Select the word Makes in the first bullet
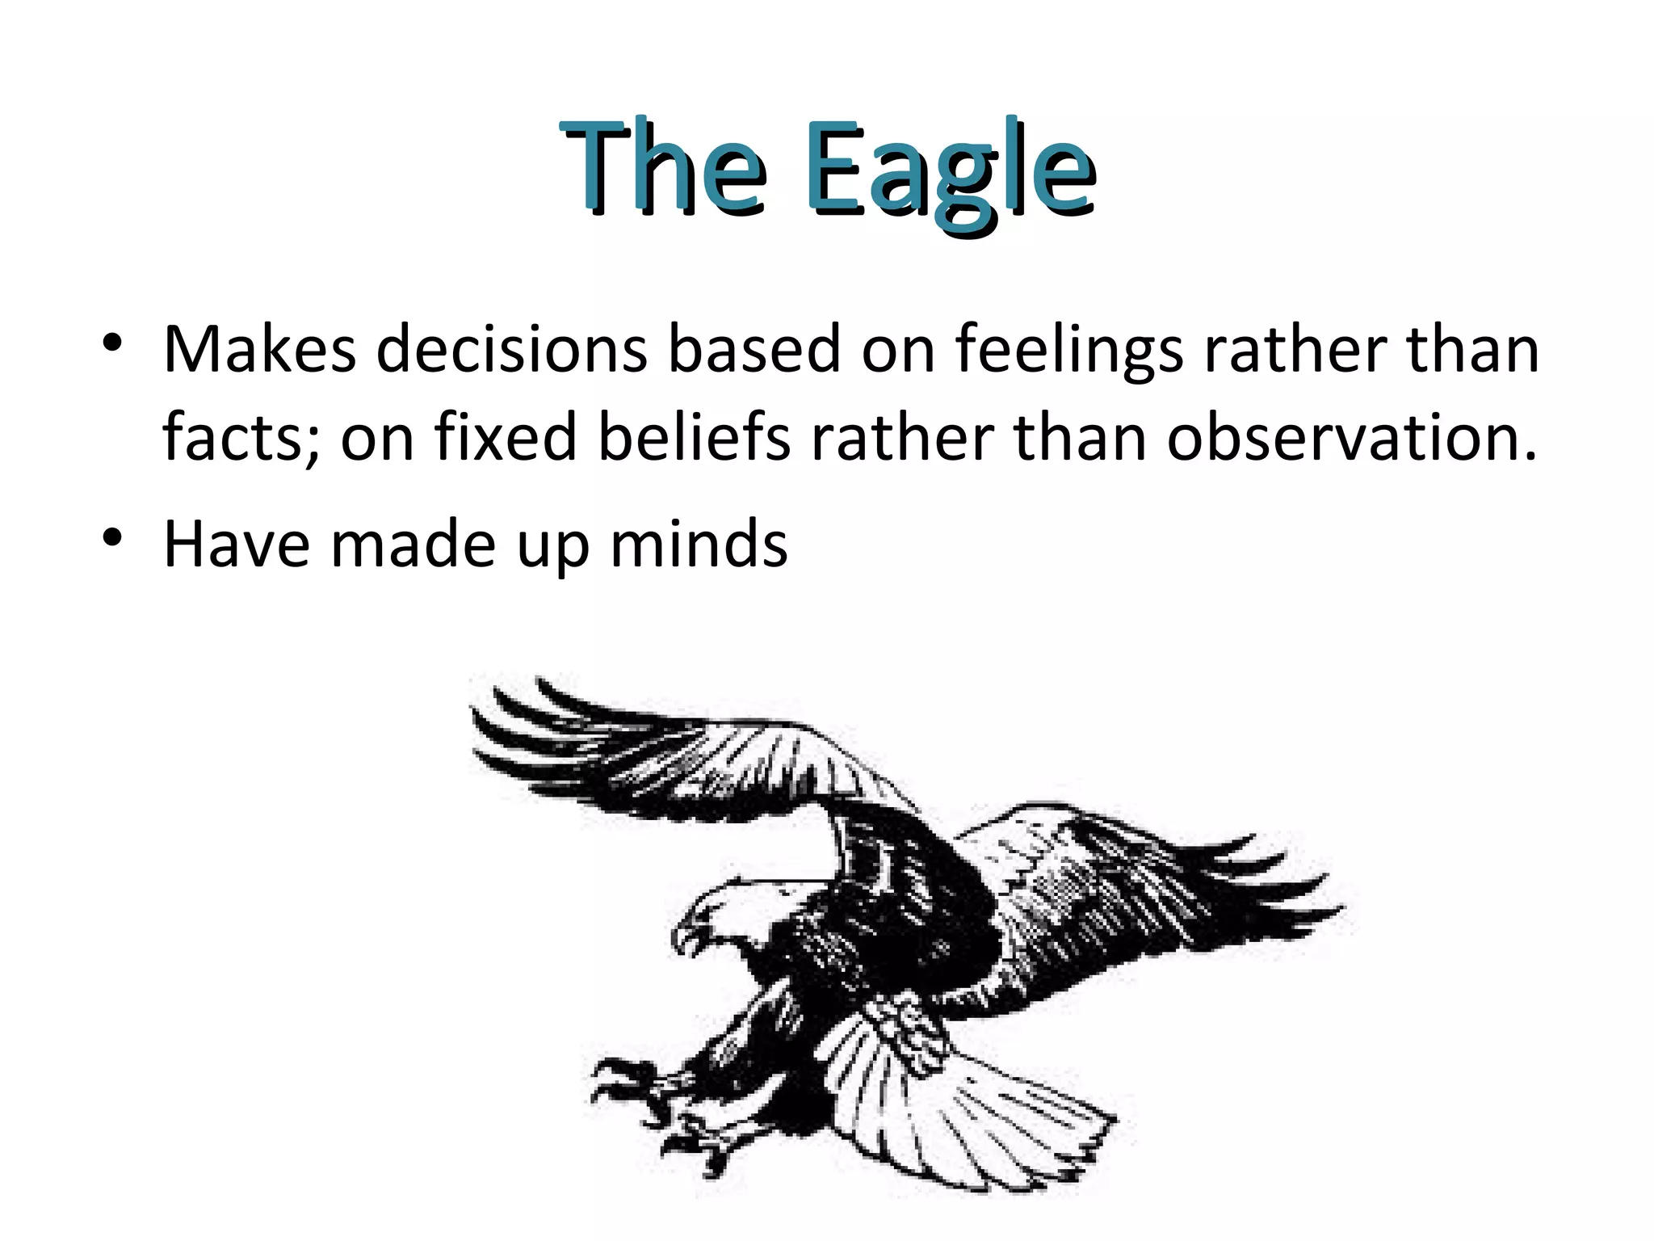pyautogui.click(x=259, y=349)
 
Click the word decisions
pyautogui.click(x=511, y=349)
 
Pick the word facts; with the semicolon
pyautogui.click(x=241, y=437)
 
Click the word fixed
pyautogui.click(x=506, y=437)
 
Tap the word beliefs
pyautogui.click(x=694, y=437)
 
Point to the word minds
pyautogui.click(x=699, y=545)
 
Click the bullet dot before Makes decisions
pyautogui.click(x=112, y=343)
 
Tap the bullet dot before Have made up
pyautogui.click(x=112, y=537)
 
